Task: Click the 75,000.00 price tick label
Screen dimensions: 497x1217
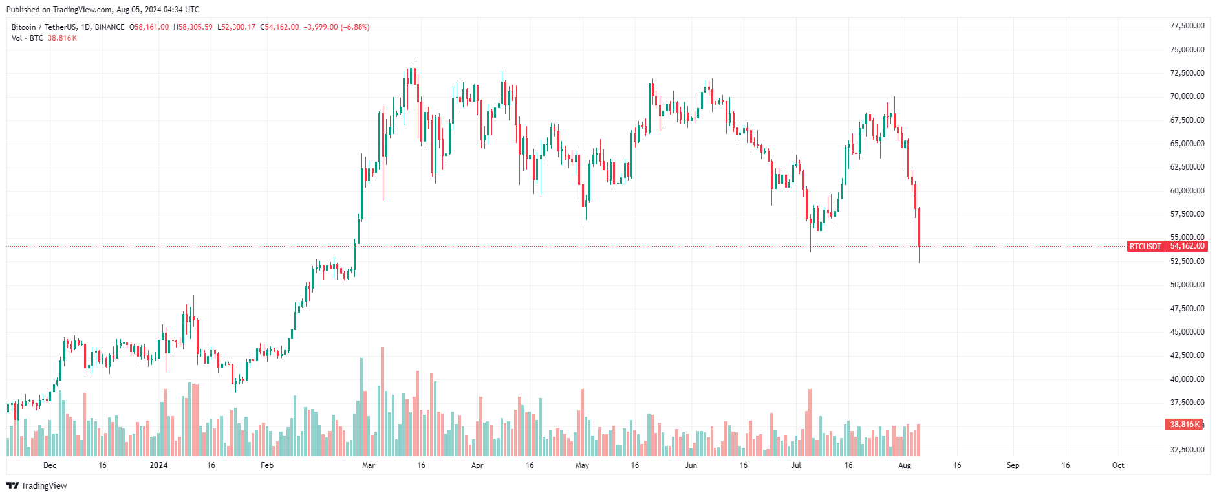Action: point(1187,50)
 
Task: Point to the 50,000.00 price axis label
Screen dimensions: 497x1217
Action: point(1187,285)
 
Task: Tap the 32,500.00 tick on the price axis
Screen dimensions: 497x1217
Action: point(1187,449)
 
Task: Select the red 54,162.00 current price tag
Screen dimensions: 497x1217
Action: point(1187,246)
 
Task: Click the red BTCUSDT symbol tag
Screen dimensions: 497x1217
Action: point(1145,246)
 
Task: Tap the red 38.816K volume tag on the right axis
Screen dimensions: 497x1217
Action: point(1185,425)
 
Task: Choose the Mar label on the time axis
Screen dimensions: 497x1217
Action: point(369,465)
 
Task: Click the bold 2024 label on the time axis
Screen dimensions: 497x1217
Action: point(158,465)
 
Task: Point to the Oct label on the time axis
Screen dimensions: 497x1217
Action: point(1118,465)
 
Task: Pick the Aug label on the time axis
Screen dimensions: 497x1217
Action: point(905,465)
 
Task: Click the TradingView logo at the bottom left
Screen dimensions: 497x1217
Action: point(37,485)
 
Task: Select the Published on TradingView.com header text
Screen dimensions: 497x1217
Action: point(103,10)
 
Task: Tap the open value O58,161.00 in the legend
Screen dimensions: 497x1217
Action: point(149,27)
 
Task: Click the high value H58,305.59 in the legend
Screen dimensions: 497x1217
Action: point(193,27)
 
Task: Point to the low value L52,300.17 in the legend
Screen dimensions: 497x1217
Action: point(236,27)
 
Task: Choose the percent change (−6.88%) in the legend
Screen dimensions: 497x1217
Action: point(355,27)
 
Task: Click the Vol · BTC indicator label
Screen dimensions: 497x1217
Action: point(27,38)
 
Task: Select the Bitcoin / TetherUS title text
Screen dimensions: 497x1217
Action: point(44,27)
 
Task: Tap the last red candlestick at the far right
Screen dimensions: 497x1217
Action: point(919,226)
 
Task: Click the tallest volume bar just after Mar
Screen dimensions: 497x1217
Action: point(383,401)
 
